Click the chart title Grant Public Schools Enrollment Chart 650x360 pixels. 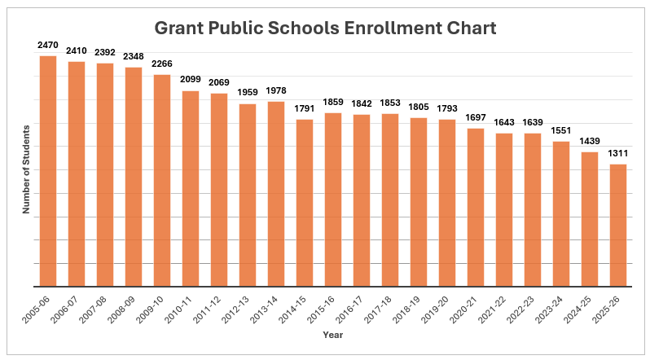pyautogui.click(x=325, y=28)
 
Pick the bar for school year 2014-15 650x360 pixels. pyautogui.click(x=305, y=203)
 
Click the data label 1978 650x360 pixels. pyautogui.click(x=276, y=90)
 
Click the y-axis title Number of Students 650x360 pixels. pyautogui.click(x=26, y=169)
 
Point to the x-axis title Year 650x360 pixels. pyautogui.click(x=332, y=335)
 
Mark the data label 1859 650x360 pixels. pyautogui.click(x=333, y=102)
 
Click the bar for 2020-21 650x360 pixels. pyautogui.click(x=476, y=208)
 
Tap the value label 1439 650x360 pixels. pyautogui.click(x=590, y=141)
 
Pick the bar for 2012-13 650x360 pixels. pyautogui.click(x=248, y=195)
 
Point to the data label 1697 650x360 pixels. pyautogui.click(x=476, y=117)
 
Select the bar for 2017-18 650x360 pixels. pyautogui.click(x=390, y=200)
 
